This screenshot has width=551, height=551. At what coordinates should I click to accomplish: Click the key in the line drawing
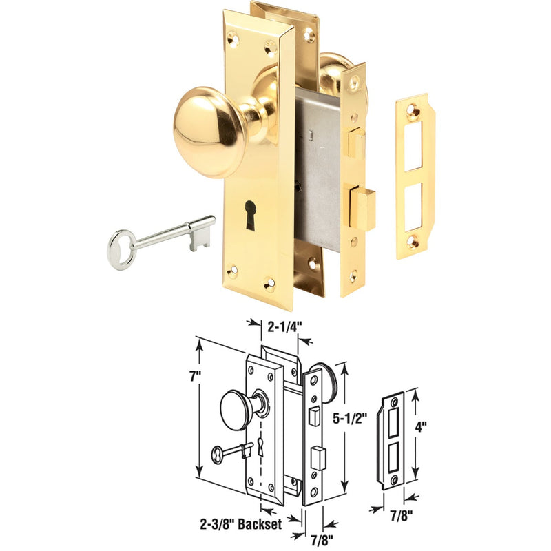tap(231, 451)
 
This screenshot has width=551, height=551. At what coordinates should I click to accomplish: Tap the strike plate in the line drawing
tap(391, 439)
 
